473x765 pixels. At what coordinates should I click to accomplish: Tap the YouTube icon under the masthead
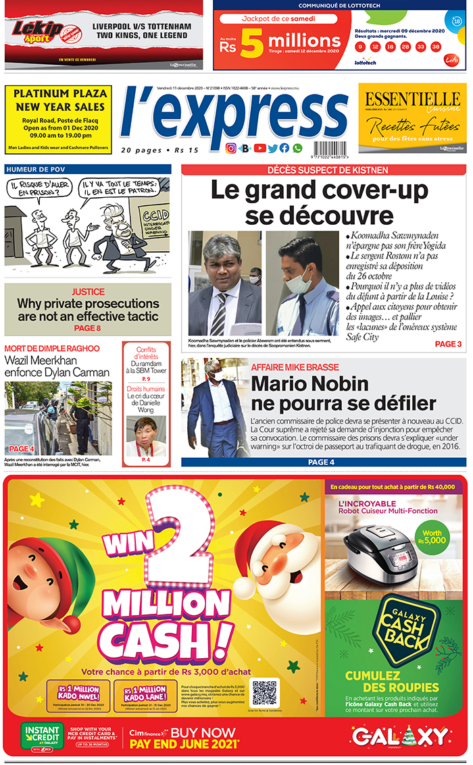260,149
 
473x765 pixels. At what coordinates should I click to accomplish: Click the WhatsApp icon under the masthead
297,149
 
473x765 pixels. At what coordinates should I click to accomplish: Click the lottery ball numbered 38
436,47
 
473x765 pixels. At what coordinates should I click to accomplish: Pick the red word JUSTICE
87,292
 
